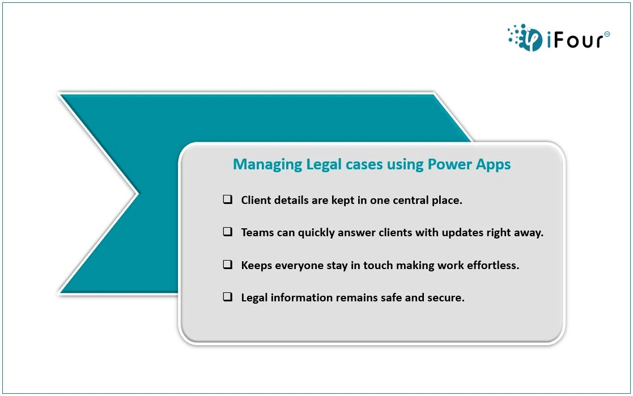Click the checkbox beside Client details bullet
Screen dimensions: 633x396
click(228, 199)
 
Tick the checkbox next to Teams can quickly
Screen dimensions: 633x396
click(228, 232)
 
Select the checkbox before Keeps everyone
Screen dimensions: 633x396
click(228, 265)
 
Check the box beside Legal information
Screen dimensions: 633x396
click(228, 297)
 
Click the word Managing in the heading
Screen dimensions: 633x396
click(267, 165)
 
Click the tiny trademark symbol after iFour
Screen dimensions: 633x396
click(607, 35)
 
